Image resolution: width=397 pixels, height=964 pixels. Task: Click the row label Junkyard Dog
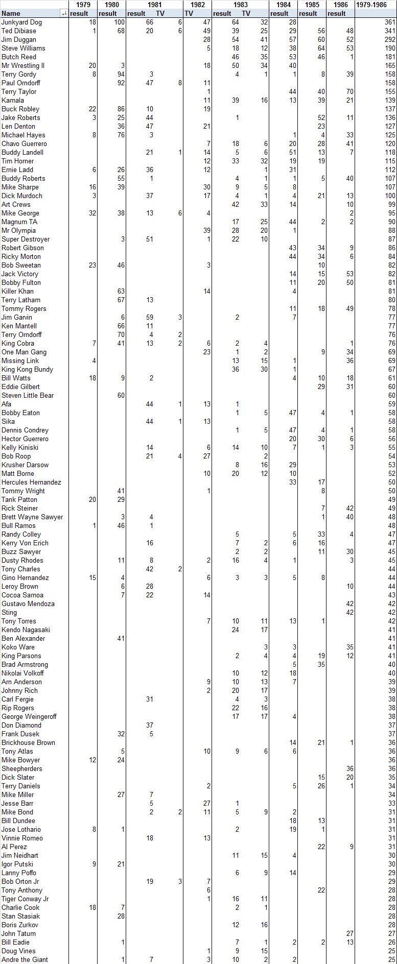22,22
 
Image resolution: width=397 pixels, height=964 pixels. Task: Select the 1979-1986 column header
376,5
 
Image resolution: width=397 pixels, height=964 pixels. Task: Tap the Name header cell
11,14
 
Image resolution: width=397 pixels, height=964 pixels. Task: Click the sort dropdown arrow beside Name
64,14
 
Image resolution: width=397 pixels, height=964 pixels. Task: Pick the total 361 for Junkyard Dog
390,22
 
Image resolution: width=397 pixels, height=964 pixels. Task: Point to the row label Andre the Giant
25,959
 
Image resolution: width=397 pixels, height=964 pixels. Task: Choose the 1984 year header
283,5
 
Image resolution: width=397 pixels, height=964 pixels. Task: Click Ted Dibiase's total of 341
390,31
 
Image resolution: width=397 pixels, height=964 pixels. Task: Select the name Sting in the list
9,612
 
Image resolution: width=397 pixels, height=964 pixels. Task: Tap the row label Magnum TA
19,222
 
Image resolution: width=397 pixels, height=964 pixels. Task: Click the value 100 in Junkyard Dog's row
119,22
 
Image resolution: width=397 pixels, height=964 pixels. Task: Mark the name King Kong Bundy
27,370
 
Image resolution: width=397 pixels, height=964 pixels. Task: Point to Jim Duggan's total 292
390,40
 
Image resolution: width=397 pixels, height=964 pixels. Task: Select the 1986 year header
340,5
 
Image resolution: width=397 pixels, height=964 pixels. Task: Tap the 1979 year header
83,5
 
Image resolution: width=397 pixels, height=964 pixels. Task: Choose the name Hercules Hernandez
31,483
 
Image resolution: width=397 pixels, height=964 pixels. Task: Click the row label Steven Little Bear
28,396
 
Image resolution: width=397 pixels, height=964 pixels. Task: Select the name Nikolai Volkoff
22,673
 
